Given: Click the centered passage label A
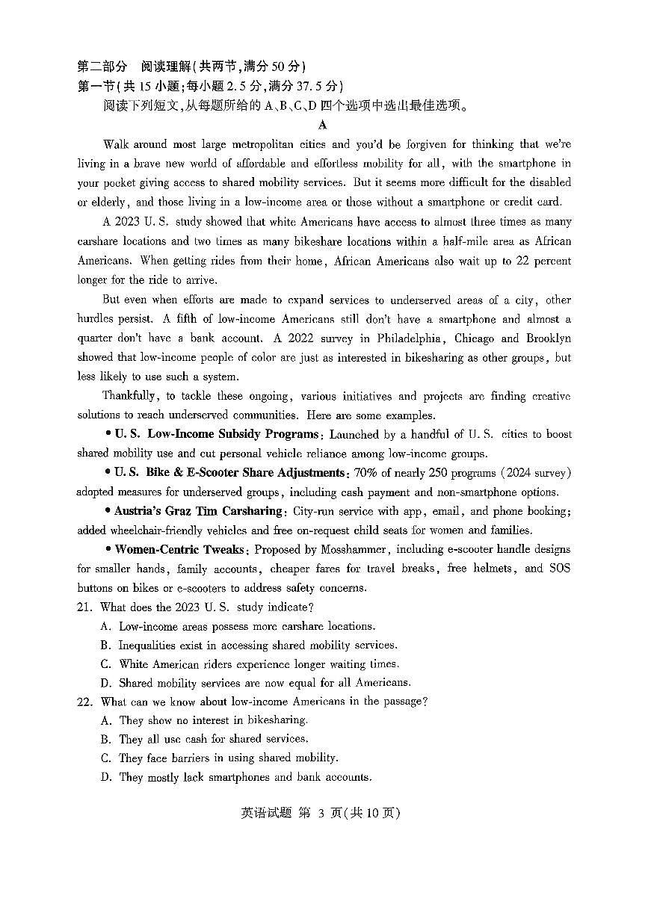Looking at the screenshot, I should pyautogui.click(x=323, y=125).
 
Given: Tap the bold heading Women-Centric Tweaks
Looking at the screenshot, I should pyautogui.click(x=179, y=549).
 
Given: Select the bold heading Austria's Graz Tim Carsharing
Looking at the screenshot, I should pyautogui.click(x=198, y=511).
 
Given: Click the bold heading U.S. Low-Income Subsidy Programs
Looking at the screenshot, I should pyautogui.click(x=217, y=434).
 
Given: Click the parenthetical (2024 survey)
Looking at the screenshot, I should pyautogui.click(x=536, y=473).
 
